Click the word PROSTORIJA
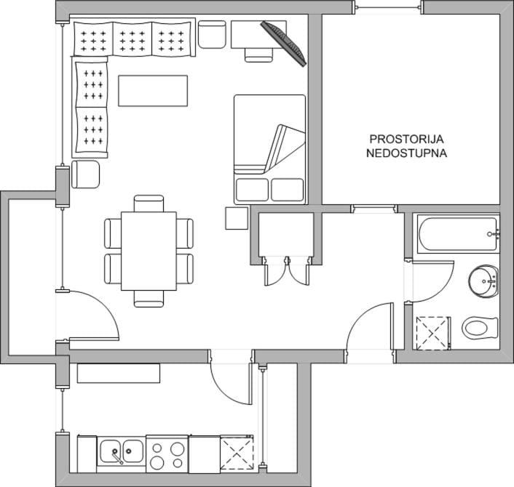point(406,139)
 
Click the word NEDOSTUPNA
point(406,153)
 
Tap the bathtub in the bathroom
point(458,234)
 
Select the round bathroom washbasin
point(483,281)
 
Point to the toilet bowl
point(480,328)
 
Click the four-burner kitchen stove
point(167,454)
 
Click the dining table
point(149,251)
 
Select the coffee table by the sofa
point(153,91)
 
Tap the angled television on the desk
point(283,44)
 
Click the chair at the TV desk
point(259,55)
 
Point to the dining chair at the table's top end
point(149,204)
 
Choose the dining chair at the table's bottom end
point(149,299)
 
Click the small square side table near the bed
point(237,218)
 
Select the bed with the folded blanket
point(270,150)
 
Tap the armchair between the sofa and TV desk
point(212,35)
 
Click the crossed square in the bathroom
point(432,333)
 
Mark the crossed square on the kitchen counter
point(237,454)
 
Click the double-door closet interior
point(286,234)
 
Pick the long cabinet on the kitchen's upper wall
point(119,373)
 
